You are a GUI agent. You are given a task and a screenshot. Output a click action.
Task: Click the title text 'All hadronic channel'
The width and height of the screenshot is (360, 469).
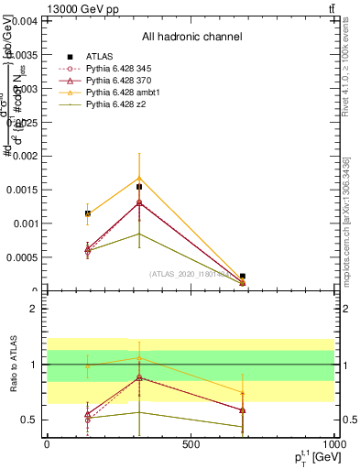pyautogui.click(x=191, y=38)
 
